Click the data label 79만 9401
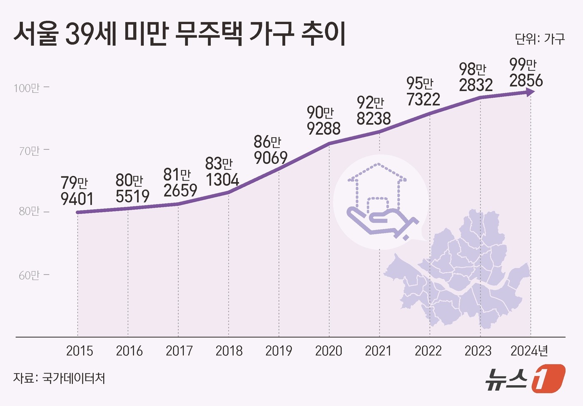click(x=77, y=191)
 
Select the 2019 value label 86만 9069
click(x=270, y=150)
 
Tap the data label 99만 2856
click(x=526, y=73)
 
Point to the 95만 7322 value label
click(x=423, y=92)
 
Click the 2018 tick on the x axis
click(x=229, y=351)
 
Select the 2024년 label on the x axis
click(x=529, y=351)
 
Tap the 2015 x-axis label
click(x=79, y=351)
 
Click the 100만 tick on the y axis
click(x=27, y=88)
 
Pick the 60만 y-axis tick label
click(x=29, y=275)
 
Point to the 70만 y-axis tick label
click(x=29, y=151)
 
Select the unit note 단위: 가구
click(x=540, y=39)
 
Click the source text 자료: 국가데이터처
click(x=59, y=378)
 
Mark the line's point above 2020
click(x=329, y=144)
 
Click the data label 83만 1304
click(x=222, y=172)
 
